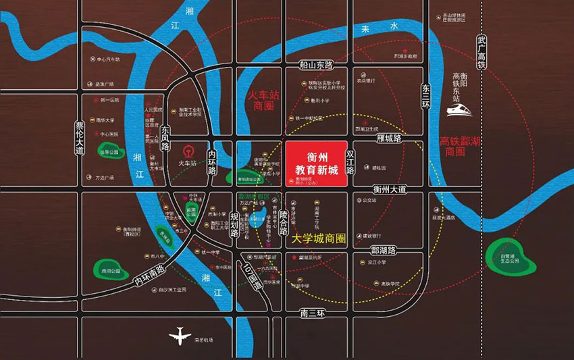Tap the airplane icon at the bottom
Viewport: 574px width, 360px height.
click(180, 335)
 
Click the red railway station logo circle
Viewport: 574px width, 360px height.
click(188, 150)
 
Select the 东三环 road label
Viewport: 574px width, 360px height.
click(425, 92)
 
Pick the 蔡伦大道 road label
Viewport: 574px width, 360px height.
click(80, 139)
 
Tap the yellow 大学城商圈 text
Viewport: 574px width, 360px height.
click(319, 239)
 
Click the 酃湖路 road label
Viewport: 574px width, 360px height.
click(383, 250)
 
